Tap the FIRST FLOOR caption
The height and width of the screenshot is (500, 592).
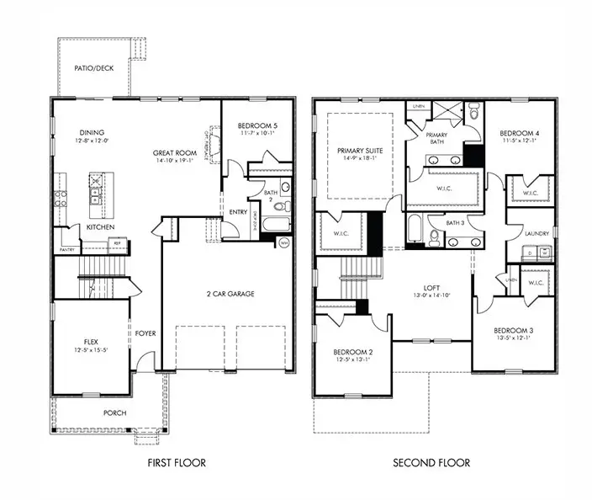click(x=177, y=463)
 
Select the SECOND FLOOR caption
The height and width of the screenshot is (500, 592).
click(x=431, y=463)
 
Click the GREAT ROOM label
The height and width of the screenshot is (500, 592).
click(x=174, y=153)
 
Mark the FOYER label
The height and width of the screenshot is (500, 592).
click(x=146, y=332)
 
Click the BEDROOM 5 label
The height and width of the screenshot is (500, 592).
click(x=257, y=125)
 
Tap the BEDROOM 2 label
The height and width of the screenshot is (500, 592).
click(x=351, y=351)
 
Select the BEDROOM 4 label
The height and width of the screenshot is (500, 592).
click(x=518, y=134)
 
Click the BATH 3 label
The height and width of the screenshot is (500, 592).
click(x=455, y=223)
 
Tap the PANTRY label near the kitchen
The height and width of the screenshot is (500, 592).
click(x=66, y=250)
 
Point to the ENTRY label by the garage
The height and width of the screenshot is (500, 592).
click(x=238, y=212)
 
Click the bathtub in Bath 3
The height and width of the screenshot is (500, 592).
click(x=415, y=228)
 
